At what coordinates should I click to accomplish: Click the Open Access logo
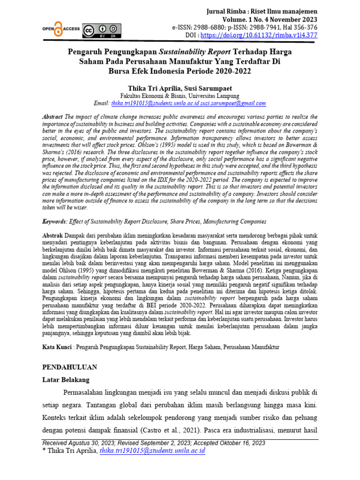pos(60,29)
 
